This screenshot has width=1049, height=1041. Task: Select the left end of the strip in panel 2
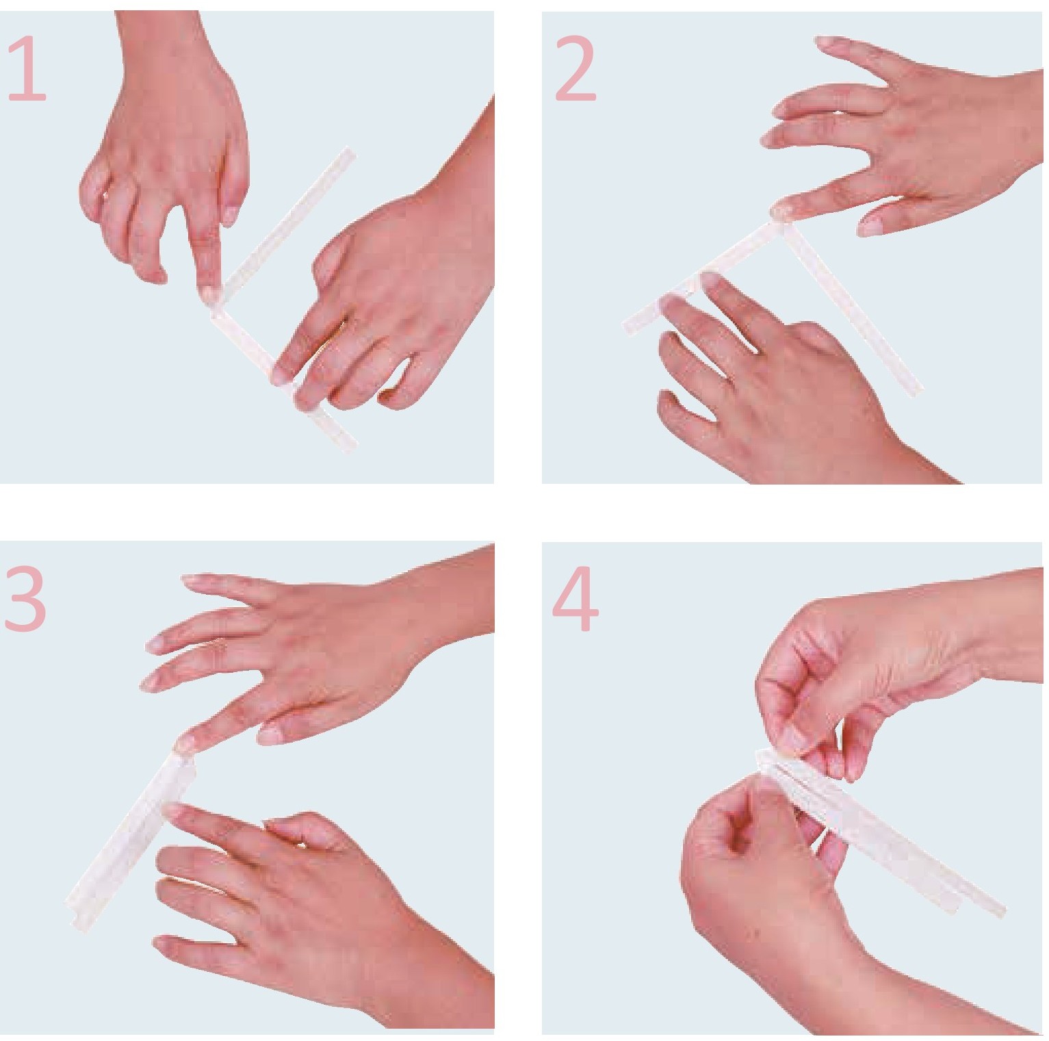pos(631,324)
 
